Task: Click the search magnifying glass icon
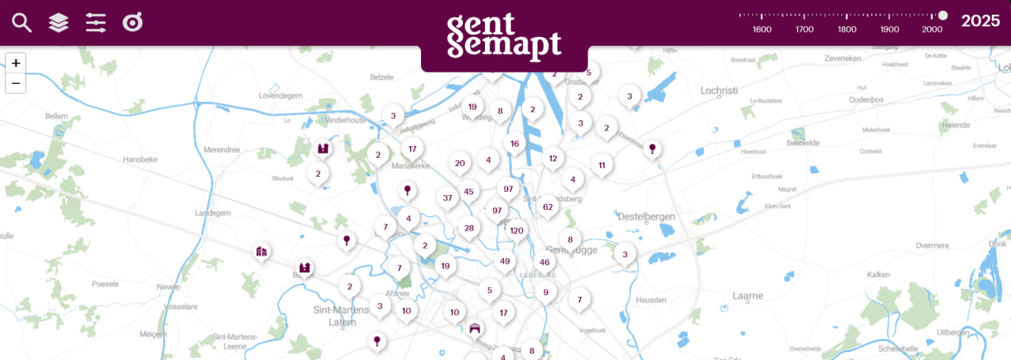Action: click(21, 23)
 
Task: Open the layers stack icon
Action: click(58, 23)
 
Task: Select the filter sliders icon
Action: click(96, 23)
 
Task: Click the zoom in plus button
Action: click(16, 63)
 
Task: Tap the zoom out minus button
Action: click(16, 83)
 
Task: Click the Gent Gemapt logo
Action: click(504, 37)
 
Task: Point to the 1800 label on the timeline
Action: click(847, 29)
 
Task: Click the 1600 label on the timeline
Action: click(762, 29)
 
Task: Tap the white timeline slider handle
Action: click(942, 15)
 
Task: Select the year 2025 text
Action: click(980, 21)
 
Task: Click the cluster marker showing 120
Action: click(517, 231)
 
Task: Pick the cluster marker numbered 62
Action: click(547, 207)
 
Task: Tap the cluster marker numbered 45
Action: click(468, 191)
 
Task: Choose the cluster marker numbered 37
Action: click(447, 197)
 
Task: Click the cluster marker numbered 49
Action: click(505, 261)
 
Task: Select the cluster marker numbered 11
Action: click(602, 165)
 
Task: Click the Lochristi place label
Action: click(719, 91)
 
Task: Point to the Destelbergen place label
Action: click(648, 216)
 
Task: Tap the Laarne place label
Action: click(747, 296)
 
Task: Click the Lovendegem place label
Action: click(280, 96)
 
